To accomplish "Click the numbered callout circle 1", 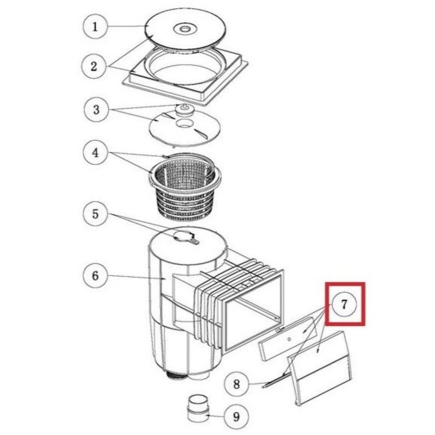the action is pyautogui.click(x=95, y=27).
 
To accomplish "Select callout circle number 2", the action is pyautogui.click(x=94, y=66).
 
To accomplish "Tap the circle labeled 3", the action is pyautogui.click(x=96, y=110).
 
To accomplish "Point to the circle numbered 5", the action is pyautogui.click(x=95, y=214).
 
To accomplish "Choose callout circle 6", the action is pyautogui.click(x=95, y=275).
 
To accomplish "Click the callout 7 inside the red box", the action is pyautogui.click(x=344, y=304).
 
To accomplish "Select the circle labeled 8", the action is pyautogui.click(x=236, y=384).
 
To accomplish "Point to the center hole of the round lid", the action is pyautogui.click(x=184, y=28).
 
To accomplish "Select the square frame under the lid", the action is pyautogui.click(x=185, y=75).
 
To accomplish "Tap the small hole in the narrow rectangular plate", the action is pyautogui.click(x=289, y=339).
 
